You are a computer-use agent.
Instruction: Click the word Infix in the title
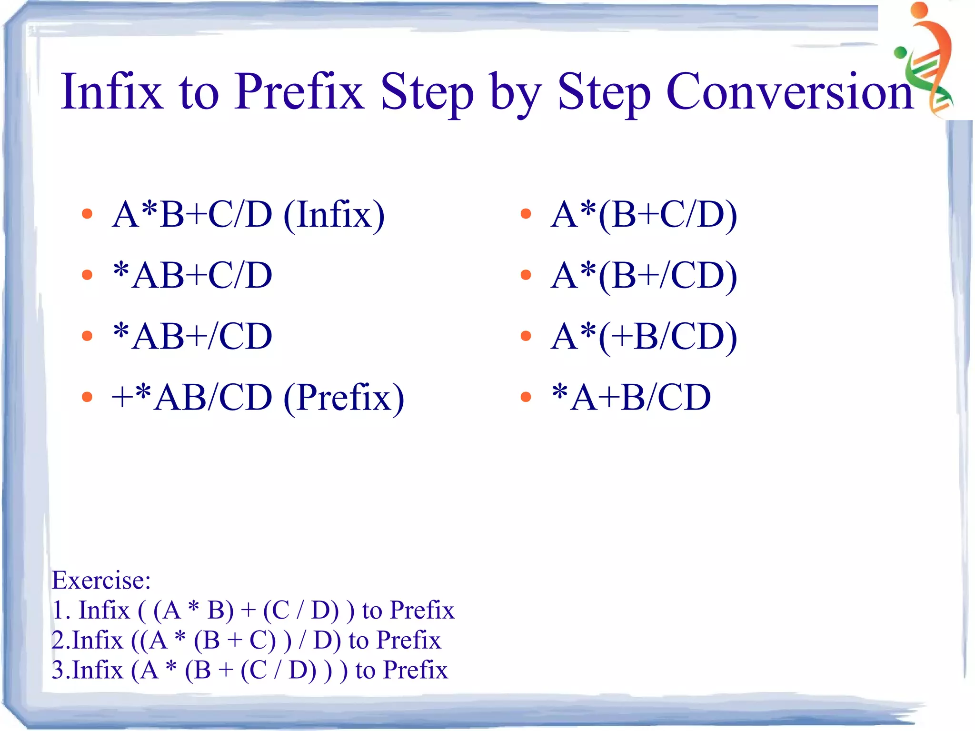(112, 91)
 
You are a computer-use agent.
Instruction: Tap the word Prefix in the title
(299, 91)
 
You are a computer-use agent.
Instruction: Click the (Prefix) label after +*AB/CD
(344, 398)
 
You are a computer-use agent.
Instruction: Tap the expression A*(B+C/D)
(644, 214)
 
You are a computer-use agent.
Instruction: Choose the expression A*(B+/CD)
(644, 275)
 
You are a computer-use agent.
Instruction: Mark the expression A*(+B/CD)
(644, 336)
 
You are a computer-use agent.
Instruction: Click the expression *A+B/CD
(631, 397)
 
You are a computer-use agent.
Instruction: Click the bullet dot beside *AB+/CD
(87, 336)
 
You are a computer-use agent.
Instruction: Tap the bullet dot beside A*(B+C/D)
(526, 214)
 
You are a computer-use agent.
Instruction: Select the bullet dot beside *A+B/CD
(526, 397)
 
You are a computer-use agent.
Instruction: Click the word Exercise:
(101, 580)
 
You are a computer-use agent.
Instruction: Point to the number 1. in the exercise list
(61, 610)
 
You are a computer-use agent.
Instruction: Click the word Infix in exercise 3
(98, 670)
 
